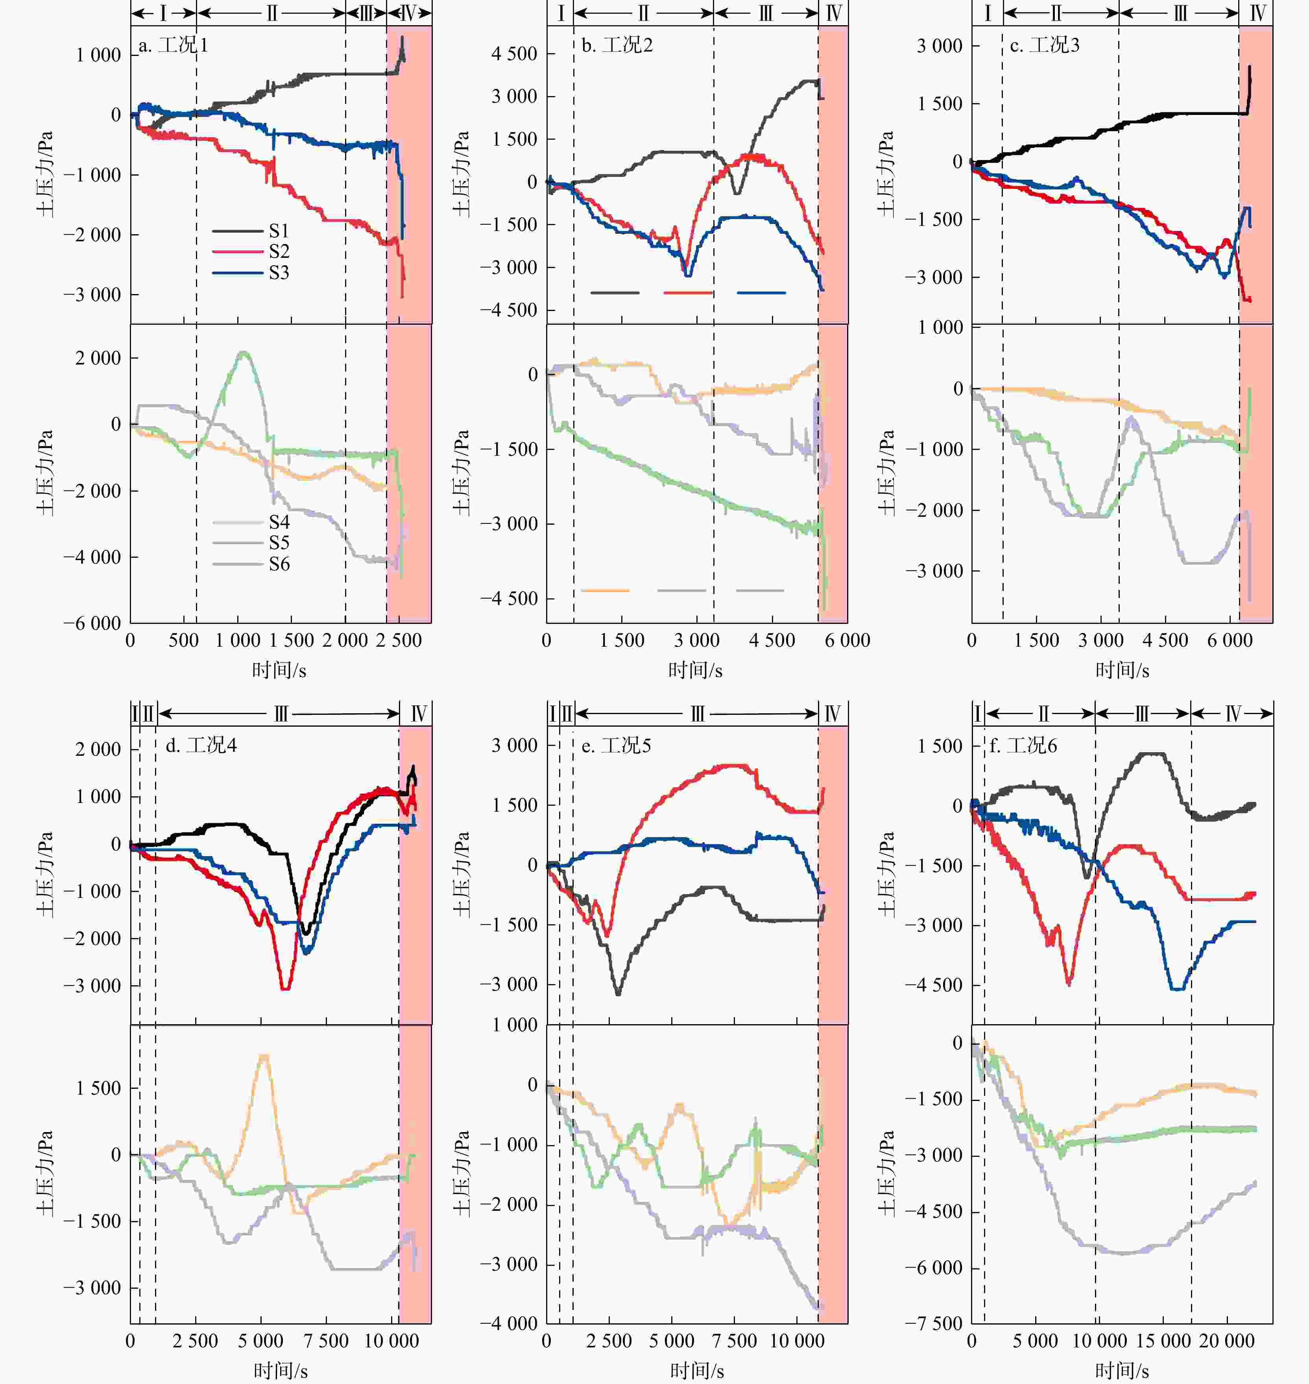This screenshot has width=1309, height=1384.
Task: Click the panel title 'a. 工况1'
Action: [173, 46]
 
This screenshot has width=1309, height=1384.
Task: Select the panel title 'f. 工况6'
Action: [1023, 746]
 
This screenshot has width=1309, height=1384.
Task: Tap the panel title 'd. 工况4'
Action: [201, 746]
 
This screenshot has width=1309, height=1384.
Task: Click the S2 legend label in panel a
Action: [279, 251]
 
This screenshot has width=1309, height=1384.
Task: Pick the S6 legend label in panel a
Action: [279, 564]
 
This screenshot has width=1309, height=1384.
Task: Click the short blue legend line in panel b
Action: [761, 293]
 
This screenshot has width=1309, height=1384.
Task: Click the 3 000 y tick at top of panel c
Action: [939, 46]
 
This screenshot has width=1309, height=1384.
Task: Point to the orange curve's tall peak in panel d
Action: [263, 1056]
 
